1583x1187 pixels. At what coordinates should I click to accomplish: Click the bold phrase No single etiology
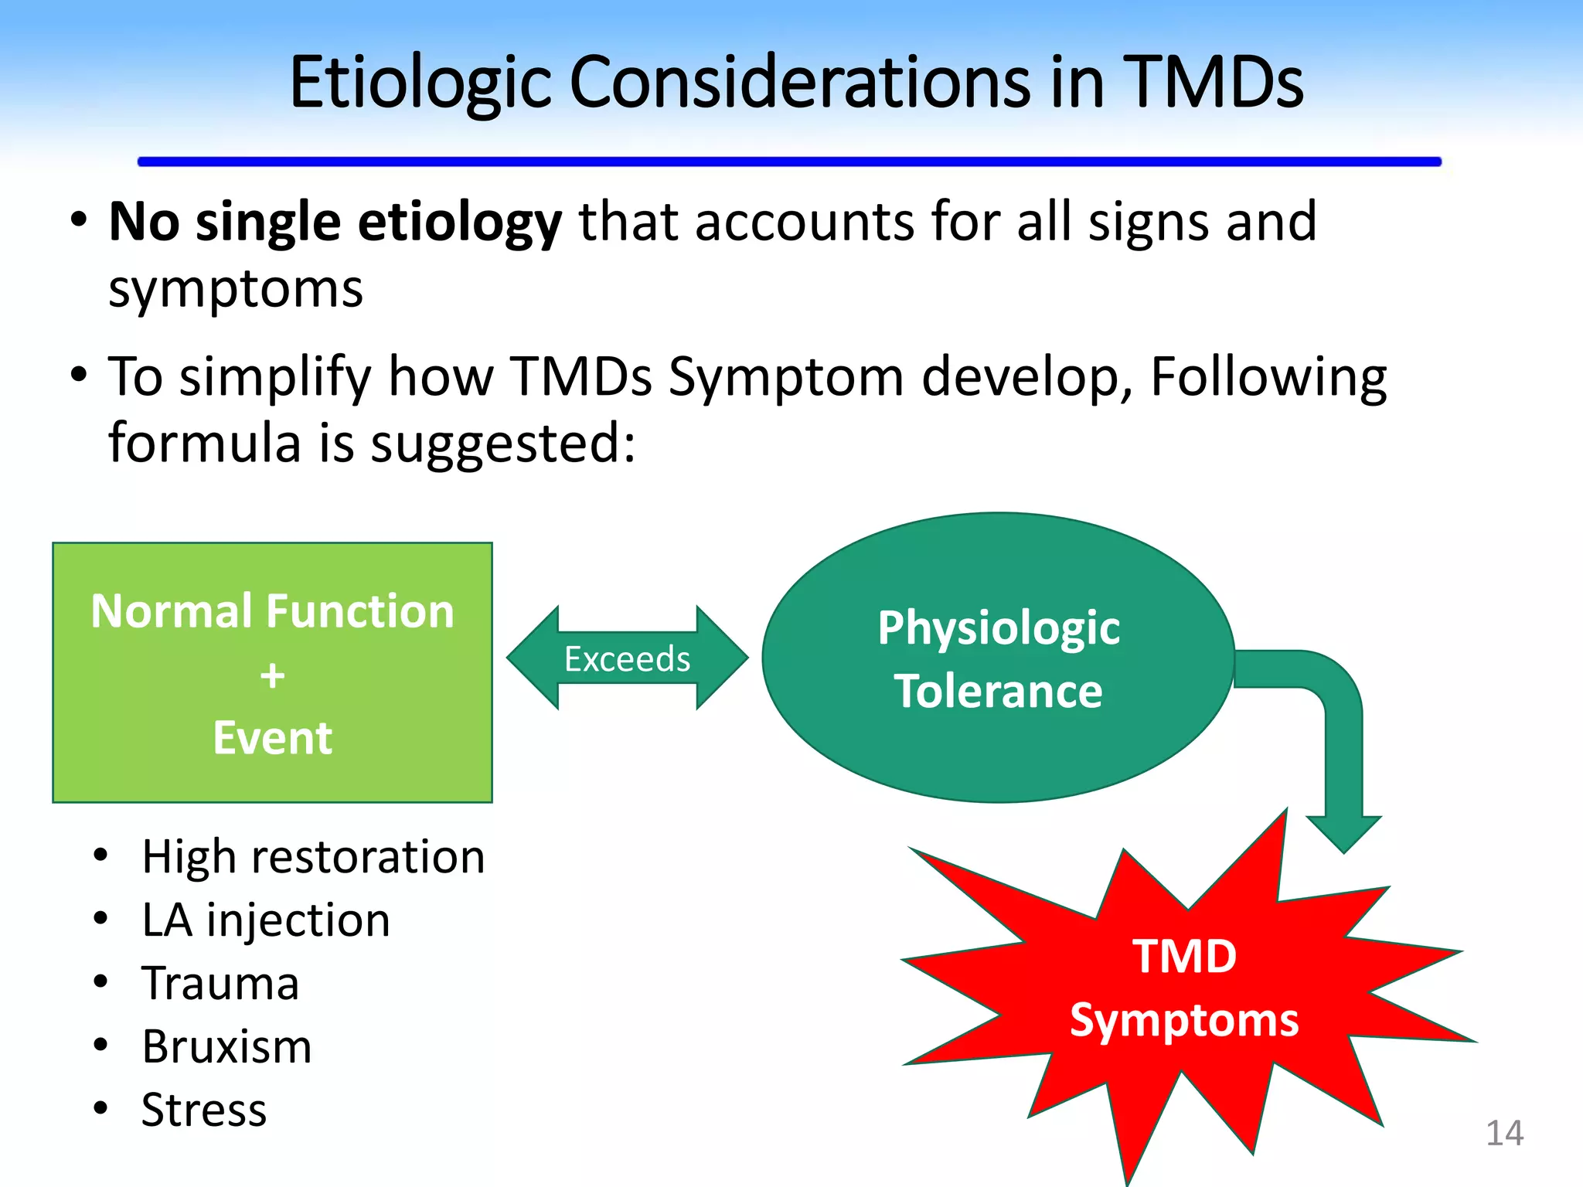(335, 222)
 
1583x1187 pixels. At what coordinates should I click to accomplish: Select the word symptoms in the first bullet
(235, 290)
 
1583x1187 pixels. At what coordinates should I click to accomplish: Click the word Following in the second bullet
(1268, 378)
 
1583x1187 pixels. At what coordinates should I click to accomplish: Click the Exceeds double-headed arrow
(627, 658)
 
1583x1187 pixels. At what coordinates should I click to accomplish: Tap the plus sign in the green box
(272, 675)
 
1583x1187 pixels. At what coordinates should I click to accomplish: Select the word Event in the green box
(272, 738)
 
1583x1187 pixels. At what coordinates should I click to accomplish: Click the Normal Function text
(272, 611)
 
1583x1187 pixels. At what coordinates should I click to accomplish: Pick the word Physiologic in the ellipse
(998, 628)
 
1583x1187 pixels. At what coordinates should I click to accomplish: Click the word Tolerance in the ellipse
(998, 691)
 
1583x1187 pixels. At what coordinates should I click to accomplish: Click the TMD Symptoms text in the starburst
(1183, 988)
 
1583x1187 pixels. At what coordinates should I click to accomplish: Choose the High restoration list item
(313, 857)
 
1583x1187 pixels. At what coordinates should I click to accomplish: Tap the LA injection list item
(266, 920)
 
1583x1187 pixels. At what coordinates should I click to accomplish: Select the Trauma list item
(220, 984)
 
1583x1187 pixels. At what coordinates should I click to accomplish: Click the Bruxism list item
(226, 1047)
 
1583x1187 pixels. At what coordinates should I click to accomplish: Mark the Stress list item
(204, 1110)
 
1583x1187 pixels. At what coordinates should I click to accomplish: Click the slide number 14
(1503, 1134)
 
